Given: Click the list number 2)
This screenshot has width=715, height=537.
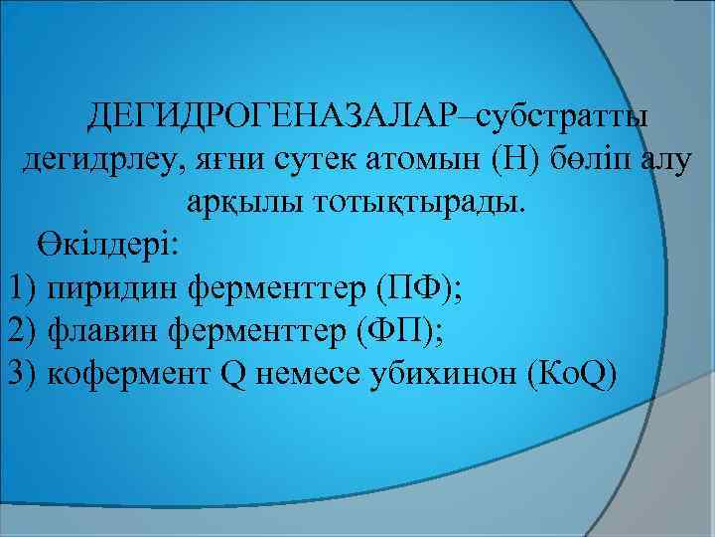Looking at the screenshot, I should coord(24,330).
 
